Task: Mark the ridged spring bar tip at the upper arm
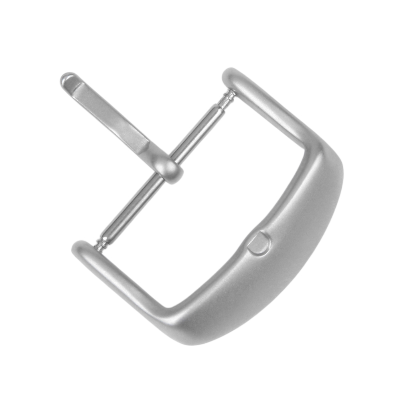(x=229, y=96)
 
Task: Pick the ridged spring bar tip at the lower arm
(x=101, y=243)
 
